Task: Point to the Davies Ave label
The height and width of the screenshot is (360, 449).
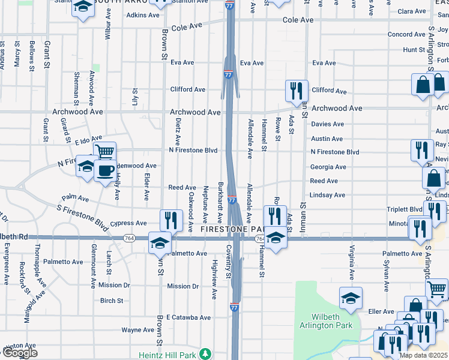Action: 327,124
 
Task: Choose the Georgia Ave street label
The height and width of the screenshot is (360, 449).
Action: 328,167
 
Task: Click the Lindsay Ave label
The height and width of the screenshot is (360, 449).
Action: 328,195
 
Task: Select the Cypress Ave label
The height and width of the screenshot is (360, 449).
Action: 131,223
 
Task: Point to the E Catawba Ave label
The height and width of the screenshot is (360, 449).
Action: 188,317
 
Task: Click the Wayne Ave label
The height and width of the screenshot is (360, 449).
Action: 137,330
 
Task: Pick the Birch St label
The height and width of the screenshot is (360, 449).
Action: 112,301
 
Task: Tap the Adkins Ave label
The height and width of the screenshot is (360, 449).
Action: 143,14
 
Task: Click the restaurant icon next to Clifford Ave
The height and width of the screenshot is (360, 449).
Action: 296,91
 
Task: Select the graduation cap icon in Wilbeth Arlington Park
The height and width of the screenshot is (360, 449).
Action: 351,297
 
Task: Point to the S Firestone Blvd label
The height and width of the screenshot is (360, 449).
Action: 83,215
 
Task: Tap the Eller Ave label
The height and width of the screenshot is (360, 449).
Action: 381,312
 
